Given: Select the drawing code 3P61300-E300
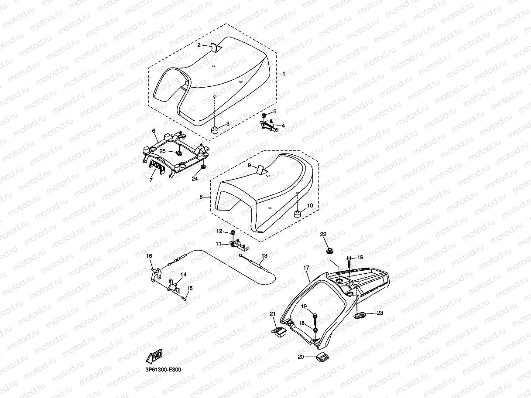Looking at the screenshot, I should tap(163, 370).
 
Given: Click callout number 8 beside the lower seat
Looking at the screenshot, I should tap(201, 197).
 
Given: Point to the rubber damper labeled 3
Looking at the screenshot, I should tap(215, 129).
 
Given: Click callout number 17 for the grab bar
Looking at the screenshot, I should tap(306, 267).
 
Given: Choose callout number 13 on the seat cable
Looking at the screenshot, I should tap(264, 255).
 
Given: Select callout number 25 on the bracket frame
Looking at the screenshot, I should tap(162, 151).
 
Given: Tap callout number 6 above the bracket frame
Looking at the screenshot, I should tap(154, 131).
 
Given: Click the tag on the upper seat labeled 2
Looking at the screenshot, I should tap(215, 47).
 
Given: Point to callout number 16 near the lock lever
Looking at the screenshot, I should tap(149, 256).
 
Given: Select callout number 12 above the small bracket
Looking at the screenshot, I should tap(219, 231).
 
